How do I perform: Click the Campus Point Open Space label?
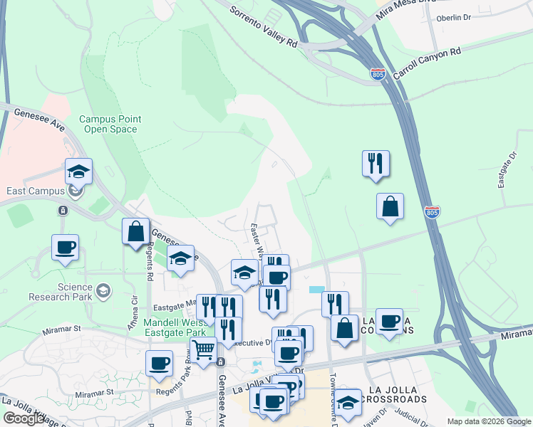[x=110, y=125]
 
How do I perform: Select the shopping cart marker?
[x=204, y=349]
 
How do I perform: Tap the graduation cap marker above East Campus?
[x=78, y=171]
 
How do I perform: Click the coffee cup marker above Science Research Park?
[x=65, y=247]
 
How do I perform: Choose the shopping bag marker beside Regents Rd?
[x=135, y=231]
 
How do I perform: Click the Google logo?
[x=24, y=418]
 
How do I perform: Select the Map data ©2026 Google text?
[x=488, y=421]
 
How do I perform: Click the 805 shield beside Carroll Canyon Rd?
[x=378, y=73]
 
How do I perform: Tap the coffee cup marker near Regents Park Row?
[x=159, y=363]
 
